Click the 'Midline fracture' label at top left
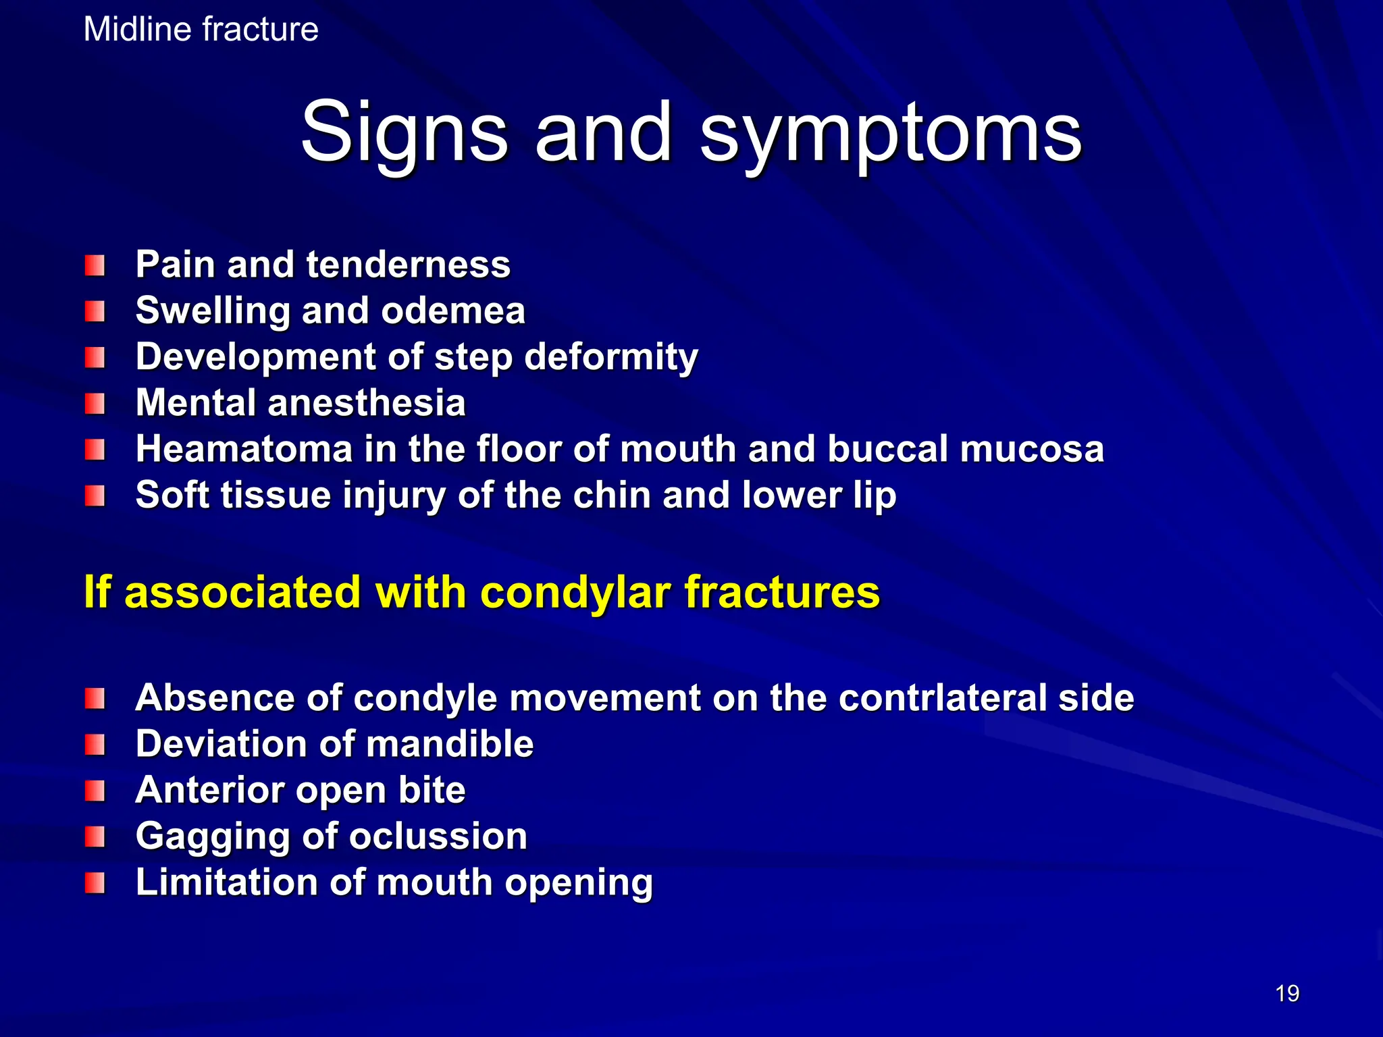coord(201,30)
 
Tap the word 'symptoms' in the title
coord(891,133)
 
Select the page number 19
coord(1287,993)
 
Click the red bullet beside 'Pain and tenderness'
coord(95,265)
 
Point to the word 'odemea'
coord(452,311)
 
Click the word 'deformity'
coord(611,357)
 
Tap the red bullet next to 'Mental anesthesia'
coord(95,404)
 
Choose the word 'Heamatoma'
coord(244,449)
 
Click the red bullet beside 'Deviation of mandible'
coord(95,745)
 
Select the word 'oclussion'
coord(438,836)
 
